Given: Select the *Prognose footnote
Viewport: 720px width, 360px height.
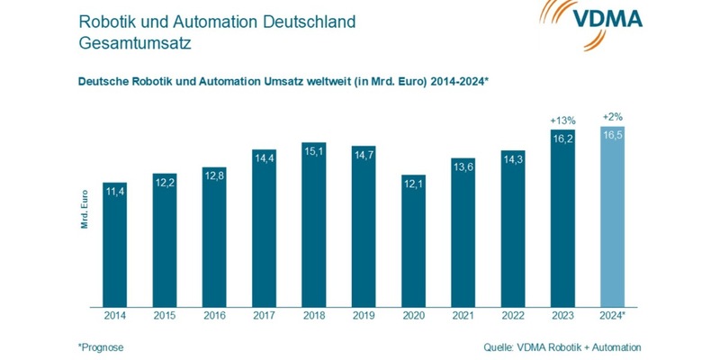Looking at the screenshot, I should tap(102, 346).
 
